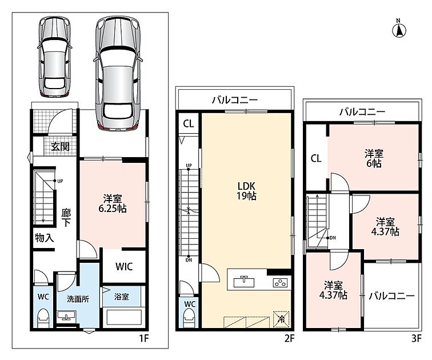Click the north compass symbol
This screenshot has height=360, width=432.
399,29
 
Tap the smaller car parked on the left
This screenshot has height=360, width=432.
55,57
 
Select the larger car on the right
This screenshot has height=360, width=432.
118,73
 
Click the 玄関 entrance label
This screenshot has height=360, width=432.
60,146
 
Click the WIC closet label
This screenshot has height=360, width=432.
124,266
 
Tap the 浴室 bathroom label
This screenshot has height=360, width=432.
122,297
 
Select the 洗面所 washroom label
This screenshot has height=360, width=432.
78,299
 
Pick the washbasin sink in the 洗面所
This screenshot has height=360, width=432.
66,315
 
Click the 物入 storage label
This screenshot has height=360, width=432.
45,238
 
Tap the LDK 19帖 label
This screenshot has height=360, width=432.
246,191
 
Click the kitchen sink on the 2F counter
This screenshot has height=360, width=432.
244,282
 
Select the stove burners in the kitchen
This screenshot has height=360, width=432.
280,283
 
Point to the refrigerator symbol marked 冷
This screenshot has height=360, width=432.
281,319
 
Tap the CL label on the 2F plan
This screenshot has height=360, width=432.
189,123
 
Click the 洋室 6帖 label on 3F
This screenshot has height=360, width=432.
374,158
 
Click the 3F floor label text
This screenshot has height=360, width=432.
417,338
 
